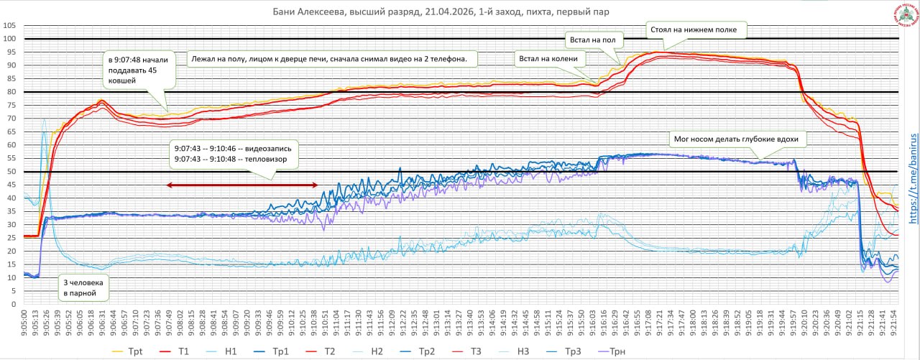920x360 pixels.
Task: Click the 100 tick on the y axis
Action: (x=9, y=39)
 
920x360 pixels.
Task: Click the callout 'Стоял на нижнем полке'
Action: (x=696, y=30)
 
